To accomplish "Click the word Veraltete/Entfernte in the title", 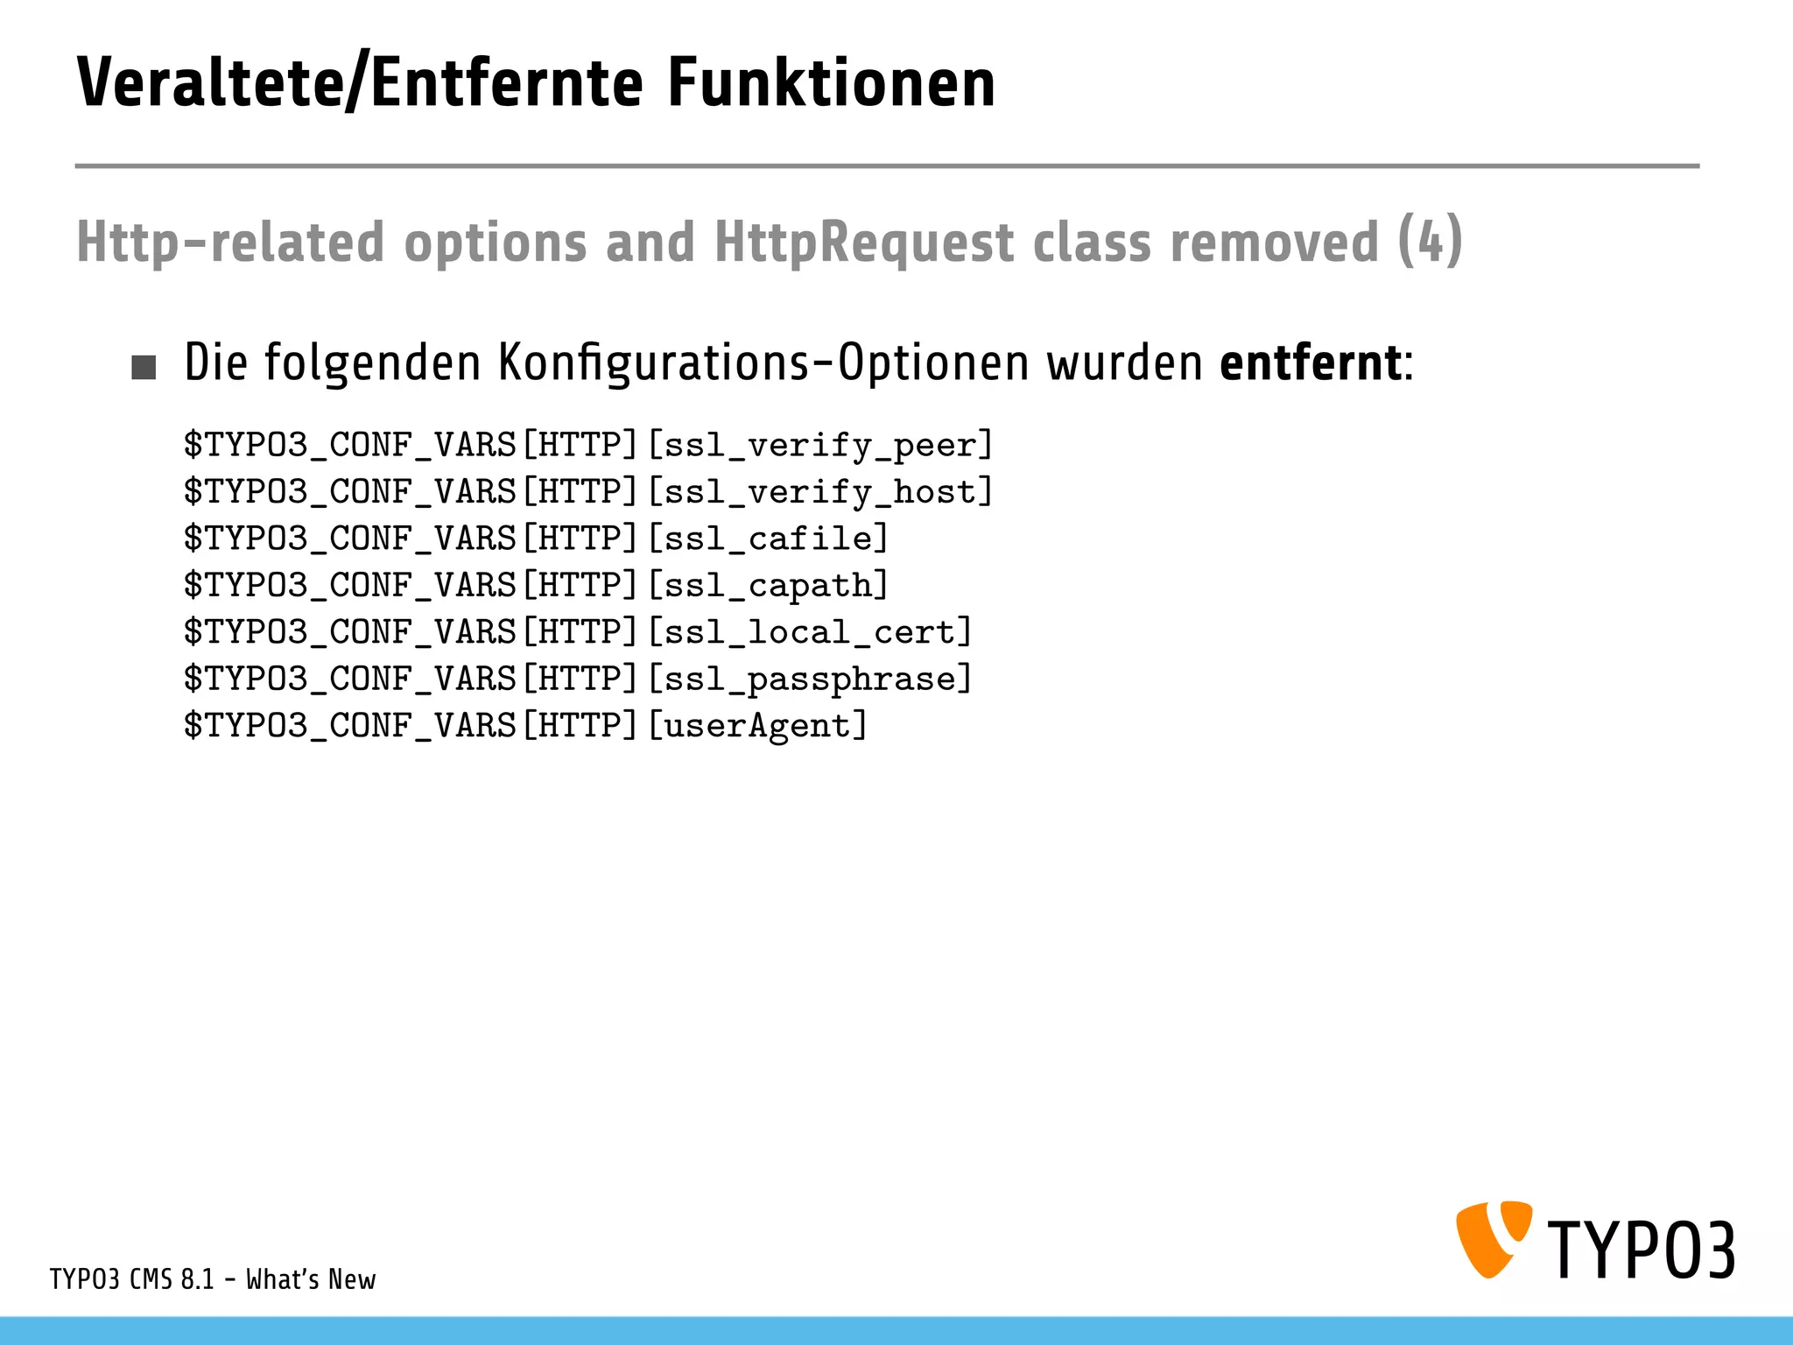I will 359,83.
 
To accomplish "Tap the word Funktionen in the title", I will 831,83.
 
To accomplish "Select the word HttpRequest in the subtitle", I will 863,243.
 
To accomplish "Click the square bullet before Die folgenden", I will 144,367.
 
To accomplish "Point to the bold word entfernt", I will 1310,363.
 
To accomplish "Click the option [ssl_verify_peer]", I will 820,446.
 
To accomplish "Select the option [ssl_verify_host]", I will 820,492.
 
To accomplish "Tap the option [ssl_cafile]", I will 768,539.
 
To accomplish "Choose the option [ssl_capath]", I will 768,585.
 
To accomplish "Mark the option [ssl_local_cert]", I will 810,632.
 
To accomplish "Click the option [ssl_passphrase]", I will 810,679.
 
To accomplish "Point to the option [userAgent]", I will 757,726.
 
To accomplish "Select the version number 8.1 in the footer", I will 197,1280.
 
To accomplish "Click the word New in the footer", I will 352,1280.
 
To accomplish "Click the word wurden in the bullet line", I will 1125,363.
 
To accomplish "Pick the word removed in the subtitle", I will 1274,243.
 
